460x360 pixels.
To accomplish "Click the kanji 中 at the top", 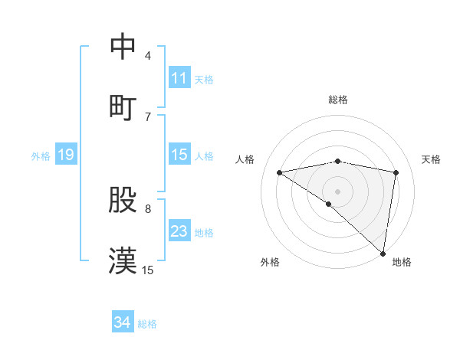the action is (123, 47).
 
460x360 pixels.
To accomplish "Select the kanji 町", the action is (123, 106).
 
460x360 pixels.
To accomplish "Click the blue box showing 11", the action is (179, 78).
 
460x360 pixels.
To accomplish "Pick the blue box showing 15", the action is (179, 155).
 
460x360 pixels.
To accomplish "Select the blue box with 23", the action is (179, 231).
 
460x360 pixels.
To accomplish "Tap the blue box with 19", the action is (66, 155).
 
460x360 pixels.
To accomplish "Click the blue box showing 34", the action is (122, 322).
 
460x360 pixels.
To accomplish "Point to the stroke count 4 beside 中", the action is (148, 56).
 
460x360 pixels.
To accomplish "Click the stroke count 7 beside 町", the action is (148, 116).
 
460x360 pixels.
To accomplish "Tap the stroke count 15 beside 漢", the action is (148, 270).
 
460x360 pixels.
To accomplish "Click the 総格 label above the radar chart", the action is (338, 100).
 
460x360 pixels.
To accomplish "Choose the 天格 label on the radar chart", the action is (432, 159).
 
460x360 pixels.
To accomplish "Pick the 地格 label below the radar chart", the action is (402, 262).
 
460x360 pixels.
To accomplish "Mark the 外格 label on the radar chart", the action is (270, 262).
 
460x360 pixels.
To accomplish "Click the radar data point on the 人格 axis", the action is (280, 172).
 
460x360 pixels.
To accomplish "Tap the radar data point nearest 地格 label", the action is (383, 253).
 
